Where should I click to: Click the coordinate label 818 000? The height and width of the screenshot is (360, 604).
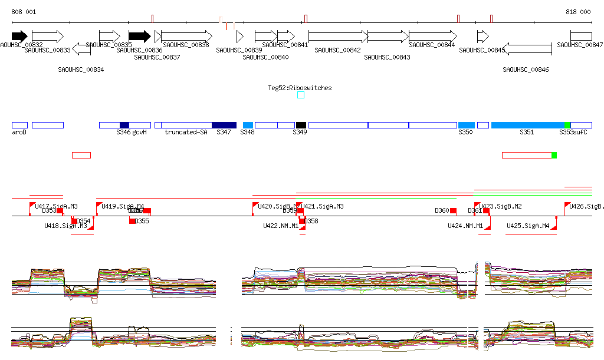click(578, 12)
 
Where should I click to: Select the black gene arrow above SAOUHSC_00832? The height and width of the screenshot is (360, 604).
click(19, 36)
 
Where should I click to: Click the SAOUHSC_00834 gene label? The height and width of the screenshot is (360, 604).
click(81, 70)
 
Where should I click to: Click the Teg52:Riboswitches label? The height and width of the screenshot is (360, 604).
click(300, 88)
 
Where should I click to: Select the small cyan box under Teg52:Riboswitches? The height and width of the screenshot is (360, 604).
click(301, 95)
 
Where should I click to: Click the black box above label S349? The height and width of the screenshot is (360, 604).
click(301, 125)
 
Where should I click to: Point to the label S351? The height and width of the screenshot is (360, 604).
click(527, 133)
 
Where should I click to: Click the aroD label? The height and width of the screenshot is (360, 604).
click(19, 133)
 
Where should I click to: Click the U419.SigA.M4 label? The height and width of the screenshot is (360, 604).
click(123, 206)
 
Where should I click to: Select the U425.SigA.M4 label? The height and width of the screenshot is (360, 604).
click(528, 226)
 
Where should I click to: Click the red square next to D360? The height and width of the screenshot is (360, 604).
click(453, 211)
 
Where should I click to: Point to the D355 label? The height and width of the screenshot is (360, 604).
click(142, 222)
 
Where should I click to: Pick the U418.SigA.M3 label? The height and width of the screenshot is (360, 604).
click(65, 226)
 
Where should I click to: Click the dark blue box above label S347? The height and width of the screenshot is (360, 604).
click(224, 125)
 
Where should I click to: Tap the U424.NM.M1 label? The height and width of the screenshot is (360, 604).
click(465, 226)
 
